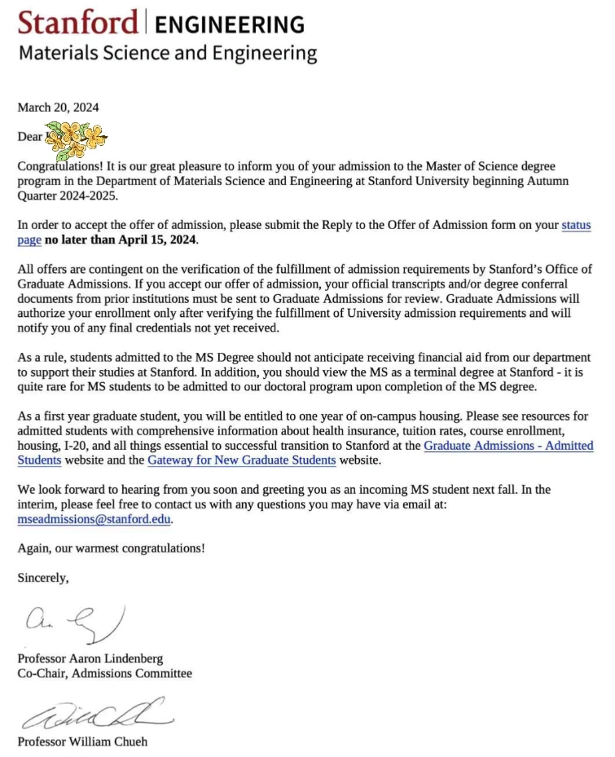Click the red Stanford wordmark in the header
78,22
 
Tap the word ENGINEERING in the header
229,24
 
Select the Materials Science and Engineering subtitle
167,54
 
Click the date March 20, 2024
59,107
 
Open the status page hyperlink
577,225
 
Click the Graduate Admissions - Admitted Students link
508,446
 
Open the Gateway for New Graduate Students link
241,460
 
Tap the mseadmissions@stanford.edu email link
94,519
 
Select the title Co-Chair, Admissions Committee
105,674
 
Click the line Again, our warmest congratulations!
112,548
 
